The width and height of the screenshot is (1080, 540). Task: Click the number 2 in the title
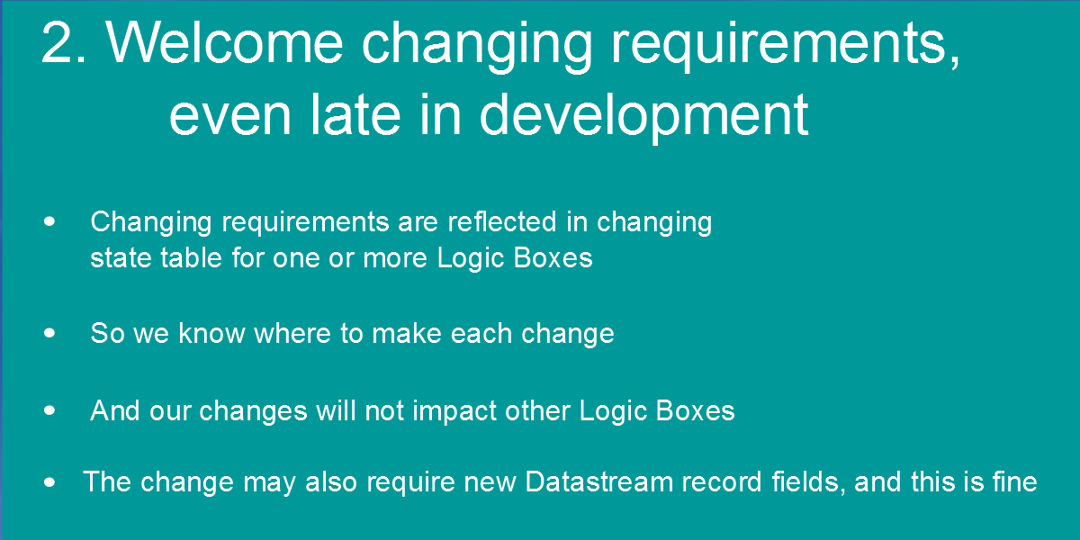(64, 42)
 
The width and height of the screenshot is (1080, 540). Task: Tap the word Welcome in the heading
(225, 42)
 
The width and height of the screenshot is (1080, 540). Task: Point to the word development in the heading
(644, 119)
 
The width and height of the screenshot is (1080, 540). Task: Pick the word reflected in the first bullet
(502, 221)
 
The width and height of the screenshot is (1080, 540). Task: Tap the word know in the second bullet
(211, 333)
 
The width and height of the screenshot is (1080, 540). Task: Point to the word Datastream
(598, 481)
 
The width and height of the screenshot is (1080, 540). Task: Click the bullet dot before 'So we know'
(49, 333)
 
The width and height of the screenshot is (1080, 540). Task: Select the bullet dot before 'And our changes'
(49, 410)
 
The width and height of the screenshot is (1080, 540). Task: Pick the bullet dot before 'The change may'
(49, 482)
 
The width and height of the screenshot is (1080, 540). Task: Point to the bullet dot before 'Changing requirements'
(49, 221)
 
